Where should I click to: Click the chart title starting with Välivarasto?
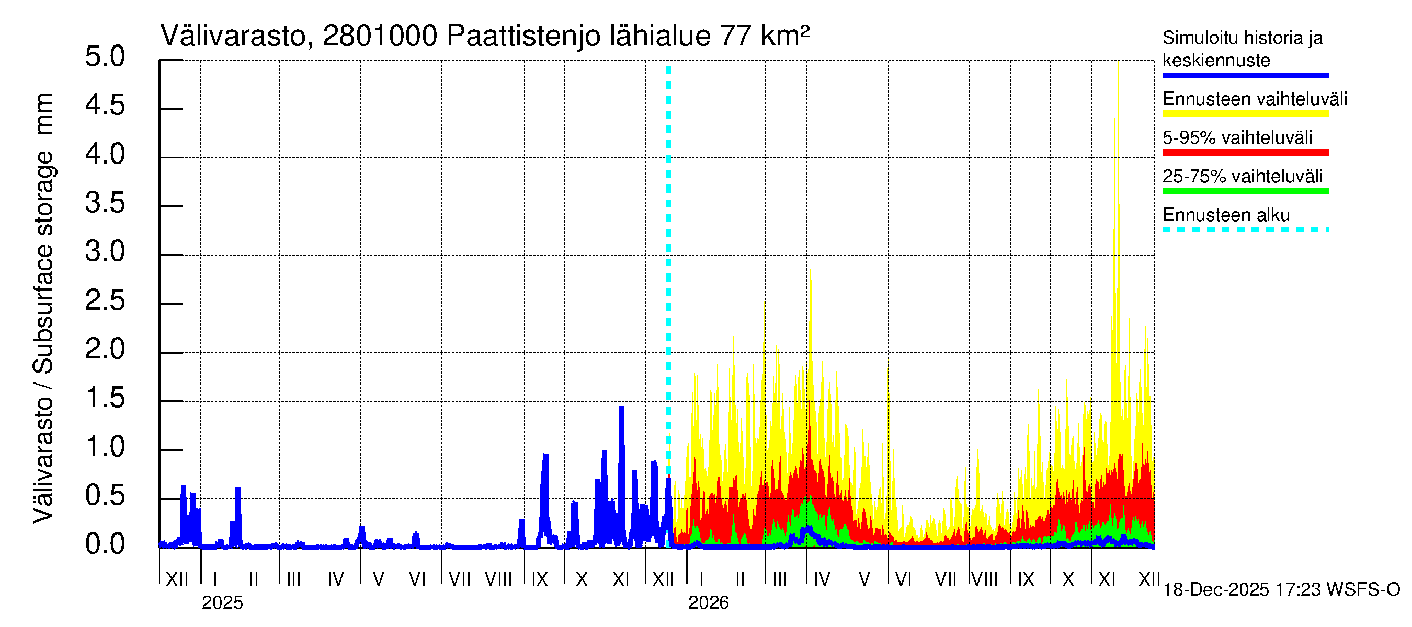(x=485, y=36)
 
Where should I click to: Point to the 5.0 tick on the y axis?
(x=105, y=56)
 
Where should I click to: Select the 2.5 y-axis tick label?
(x=105, y=300)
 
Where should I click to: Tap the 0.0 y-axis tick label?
(x=105, y=544)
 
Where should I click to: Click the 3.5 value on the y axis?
(x=105, y=203)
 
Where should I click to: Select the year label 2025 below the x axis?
(x=222, y=603)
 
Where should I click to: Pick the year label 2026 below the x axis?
(x=708, y=603)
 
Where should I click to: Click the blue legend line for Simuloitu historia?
(x=1245, y=75)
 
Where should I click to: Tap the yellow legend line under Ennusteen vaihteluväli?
(x=1245, y=114)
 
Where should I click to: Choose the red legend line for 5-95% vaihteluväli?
(x=1245, y=152)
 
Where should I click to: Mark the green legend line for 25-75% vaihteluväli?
(x=1245, y=191)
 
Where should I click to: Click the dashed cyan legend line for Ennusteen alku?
(x=1245, y=229)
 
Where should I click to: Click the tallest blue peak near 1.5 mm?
(x=622, y=409)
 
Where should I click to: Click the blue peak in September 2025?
(x=545, y=456)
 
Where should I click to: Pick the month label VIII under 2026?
(x=984, y=579)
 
